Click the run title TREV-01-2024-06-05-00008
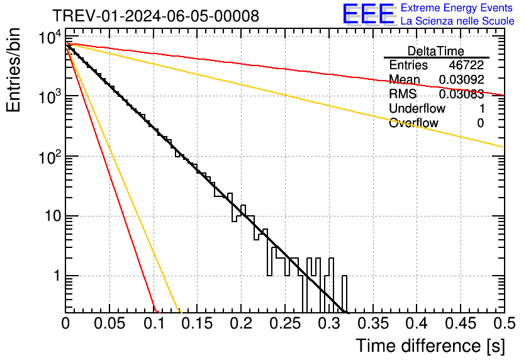tap(155, 16)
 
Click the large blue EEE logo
tap(367, 14)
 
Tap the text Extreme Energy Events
tap(457, 8)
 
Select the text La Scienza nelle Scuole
tap(457, 21)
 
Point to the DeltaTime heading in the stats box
tap(436, 51)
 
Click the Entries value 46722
tap(466, 65)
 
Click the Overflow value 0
tap(480, 123)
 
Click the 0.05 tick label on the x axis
tap(109, 323)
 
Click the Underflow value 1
tap(481, 109)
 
